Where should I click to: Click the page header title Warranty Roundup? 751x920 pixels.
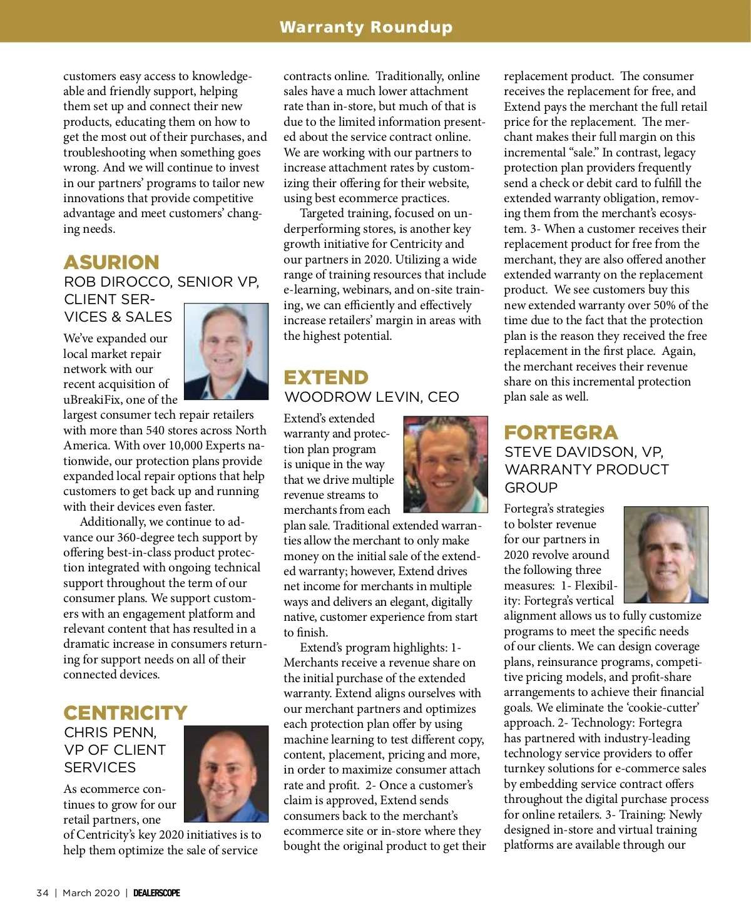coord(366,27)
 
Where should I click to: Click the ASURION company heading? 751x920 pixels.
coord(111,262)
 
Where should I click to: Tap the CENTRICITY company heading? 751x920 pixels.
coord(125,713)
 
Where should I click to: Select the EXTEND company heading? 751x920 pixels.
coord(326,377)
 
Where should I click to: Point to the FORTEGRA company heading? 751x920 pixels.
coord(561,432)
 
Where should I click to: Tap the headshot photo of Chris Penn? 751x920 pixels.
coord(226,774)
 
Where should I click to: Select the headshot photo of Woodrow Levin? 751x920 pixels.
coord(445,464)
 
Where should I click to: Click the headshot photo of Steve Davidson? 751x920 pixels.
coord(666,555)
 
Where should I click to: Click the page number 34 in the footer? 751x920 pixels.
coord(43,893)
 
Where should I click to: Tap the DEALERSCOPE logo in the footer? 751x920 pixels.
coord(156,893)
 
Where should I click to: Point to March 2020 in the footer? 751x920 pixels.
coord(91,893)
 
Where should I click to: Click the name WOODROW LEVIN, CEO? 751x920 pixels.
coord(371,397)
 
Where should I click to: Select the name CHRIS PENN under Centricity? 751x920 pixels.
coord(110,733)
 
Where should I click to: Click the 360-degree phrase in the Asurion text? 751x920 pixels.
coord(147,538)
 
